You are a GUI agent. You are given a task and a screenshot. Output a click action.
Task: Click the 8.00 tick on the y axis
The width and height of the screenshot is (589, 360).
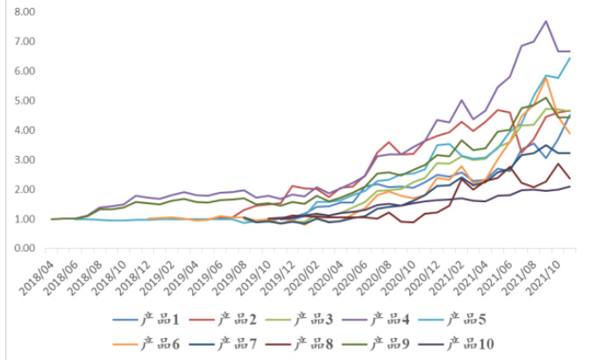click(21, 12)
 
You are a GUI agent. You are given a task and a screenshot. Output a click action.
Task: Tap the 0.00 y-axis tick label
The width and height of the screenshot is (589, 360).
click(21, 249)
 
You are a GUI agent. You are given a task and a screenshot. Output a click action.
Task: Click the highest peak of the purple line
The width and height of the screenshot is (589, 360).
click(546, 21)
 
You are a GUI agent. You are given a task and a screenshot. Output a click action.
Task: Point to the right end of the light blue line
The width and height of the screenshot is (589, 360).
click(571, 58)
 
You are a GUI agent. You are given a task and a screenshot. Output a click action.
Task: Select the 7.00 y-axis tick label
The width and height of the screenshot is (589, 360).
click(21, 42)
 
